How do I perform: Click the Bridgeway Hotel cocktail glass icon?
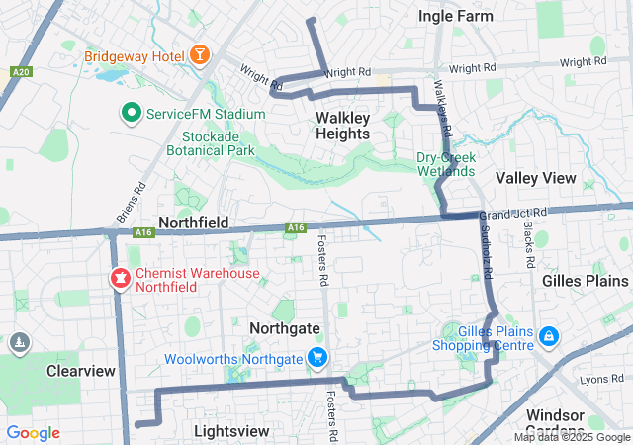coord(199,54)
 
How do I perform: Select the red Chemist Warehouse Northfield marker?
coord(120,279)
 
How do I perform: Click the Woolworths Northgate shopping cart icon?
coord(317,358)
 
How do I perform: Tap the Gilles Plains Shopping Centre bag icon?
coord(548,338)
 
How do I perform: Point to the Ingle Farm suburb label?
coord(455,16)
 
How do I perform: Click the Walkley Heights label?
coord(343,126)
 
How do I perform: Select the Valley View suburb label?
coord(535,178)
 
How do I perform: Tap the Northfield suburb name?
coord(194,222)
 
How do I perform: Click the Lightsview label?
coord(231,431)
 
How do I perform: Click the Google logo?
coord(33,433)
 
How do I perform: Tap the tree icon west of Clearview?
coord(19,343)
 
